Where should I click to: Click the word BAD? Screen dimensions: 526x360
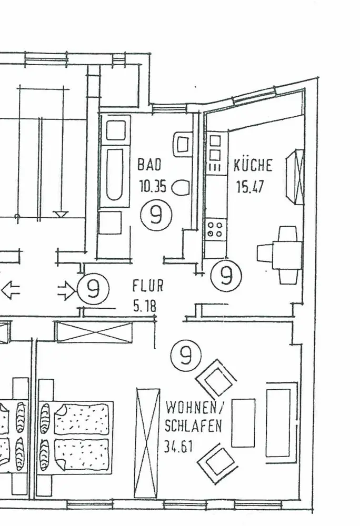tap(149, 164)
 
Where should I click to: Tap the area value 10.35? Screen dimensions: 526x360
tap(153, 186)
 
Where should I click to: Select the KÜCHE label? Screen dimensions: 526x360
tap(253, 165)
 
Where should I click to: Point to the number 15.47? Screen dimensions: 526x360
tap(249, 187)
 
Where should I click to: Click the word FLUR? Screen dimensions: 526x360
tap(147, 286)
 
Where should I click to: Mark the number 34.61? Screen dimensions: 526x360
tap(178, 447)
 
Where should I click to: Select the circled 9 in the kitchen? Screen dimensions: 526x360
tap(226, 275)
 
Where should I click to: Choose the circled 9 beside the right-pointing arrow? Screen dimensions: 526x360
tap(93, 289)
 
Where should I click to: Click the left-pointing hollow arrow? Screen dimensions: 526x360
tap(11, 290)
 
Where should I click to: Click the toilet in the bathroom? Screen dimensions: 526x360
tap(182, 187)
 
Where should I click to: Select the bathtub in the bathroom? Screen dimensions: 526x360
tap(115, 174)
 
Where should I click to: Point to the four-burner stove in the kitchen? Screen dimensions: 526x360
tap(215, 230)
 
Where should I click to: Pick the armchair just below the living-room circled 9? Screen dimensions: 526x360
tap(216, 379)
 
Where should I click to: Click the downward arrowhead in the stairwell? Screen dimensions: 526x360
tap(61, 214)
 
